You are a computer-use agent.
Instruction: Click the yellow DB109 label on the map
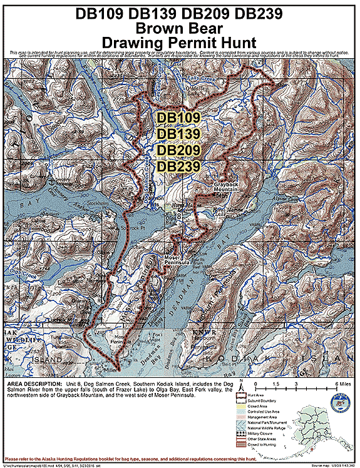point(178,117)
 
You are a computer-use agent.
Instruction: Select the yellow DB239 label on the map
point(178,166)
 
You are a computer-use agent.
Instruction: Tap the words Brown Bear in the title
point(180,28)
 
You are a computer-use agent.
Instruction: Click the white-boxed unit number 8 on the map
point(179,216)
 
